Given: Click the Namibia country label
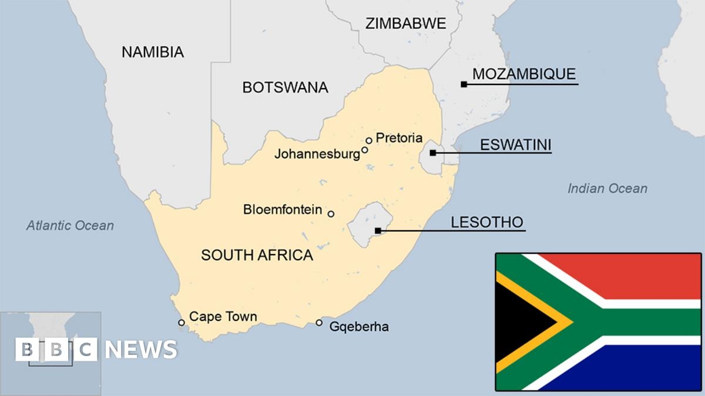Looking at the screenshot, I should tap(153, 52).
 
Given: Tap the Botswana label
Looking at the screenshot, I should tap(285, 88).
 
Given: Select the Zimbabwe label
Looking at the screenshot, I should tap(405, 24).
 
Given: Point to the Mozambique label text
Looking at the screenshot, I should tap(524, 74).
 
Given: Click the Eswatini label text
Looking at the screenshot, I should tap(516, 145).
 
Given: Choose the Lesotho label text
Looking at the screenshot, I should tap(486, 222).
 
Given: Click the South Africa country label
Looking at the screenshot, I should tap(257, 255).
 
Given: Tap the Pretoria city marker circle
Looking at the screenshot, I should tap(369, 140).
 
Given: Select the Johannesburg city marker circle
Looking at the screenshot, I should tap(365, 150).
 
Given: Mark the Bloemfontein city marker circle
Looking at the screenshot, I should tap(331, 214).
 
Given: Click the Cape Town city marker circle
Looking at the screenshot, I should tap(182, 323).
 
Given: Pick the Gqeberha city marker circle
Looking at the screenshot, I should tap(319, 323).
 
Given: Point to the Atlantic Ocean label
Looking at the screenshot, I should tap(70, 226).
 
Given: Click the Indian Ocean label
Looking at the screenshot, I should tap(607, 188).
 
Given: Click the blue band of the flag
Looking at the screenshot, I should tap(634, 370).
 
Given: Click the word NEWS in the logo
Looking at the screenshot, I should tap(141, 350).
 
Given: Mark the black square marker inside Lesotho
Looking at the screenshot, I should tap(378, 231).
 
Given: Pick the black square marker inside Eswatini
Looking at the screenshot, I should tap(433, 153).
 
